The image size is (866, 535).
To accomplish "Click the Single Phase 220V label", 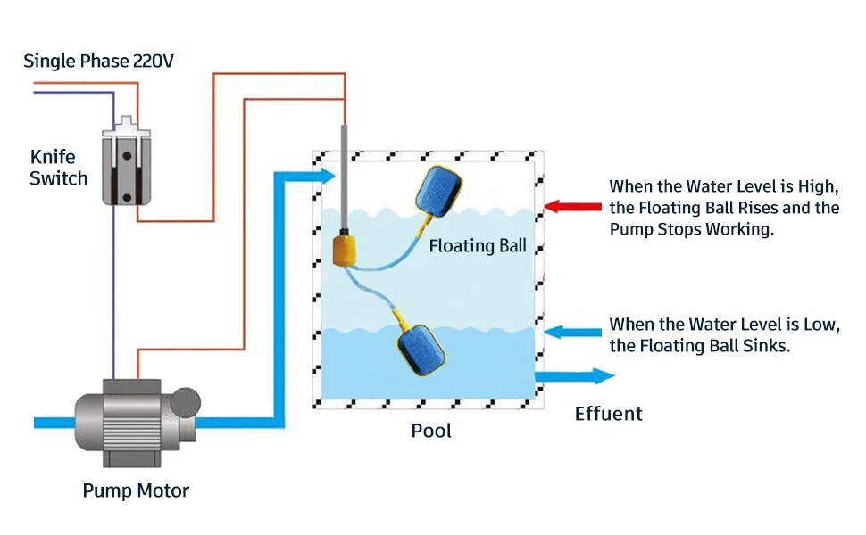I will pyautogui.click(x=100, y=62).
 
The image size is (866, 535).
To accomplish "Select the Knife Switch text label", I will pyautogui.click(x=59, y=168).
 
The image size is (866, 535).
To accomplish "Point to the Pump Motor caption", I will pyautogui.click(x=136, y=490).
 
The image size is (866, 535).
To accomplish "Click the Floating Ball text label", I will pyautogui.click(x=478, y=245).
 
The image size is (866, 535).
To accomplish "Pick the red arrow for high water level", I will pyautogui.click(x=572, y=207).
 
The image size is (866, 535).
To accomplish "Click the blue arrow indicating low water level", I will pyautogui.click(x=572, y=332).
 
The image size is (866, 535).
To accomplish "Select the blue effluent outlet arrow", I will pyautogui.click(x=576, y=376).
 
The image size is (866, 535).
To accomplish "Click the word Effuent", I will pyautogui.click(x=608, y=414).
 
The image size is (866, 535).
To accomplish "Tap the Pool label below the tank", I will pyautogui.click(x=431, y=431).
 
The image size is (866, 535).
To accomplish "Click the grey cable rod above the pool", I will pyautogui.click(x=345, y=178).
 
